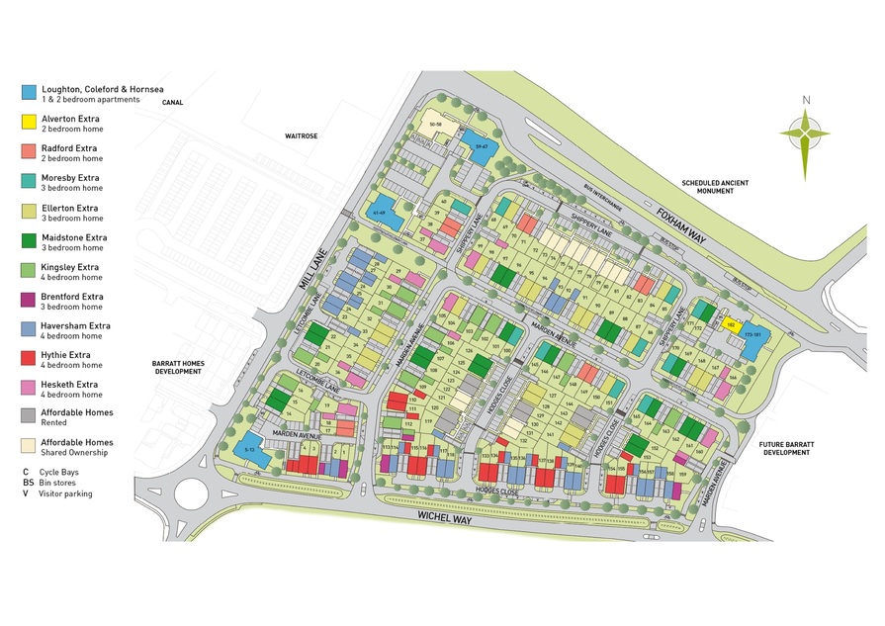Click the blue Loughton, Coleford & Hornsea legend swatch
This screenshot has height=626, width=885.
click(x=31, y=92)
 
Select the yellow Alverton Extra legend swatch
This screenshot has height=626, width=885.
click(x=31, y=122)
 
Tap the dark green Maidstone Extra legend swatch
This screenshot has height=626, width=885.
click(x=31, y=240)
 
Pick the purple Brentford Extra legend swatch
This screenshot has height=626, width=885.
click(x=31, y=300)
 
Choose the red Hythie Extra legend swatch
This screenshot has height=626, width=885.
click(x=31, y=358)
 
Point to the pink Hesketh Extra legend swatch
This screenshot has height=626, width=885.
click(x=31, y=388)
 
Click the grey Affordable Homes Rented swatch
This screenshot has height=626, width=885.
click(x=31, y=416)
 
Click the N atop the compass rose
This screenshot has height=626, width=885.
click(x=806, y=100)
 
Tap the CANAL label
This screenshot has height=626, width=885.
click(x=173, y=101)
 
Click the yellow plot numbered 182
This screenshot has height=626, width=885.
click(x=731, y=322)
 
